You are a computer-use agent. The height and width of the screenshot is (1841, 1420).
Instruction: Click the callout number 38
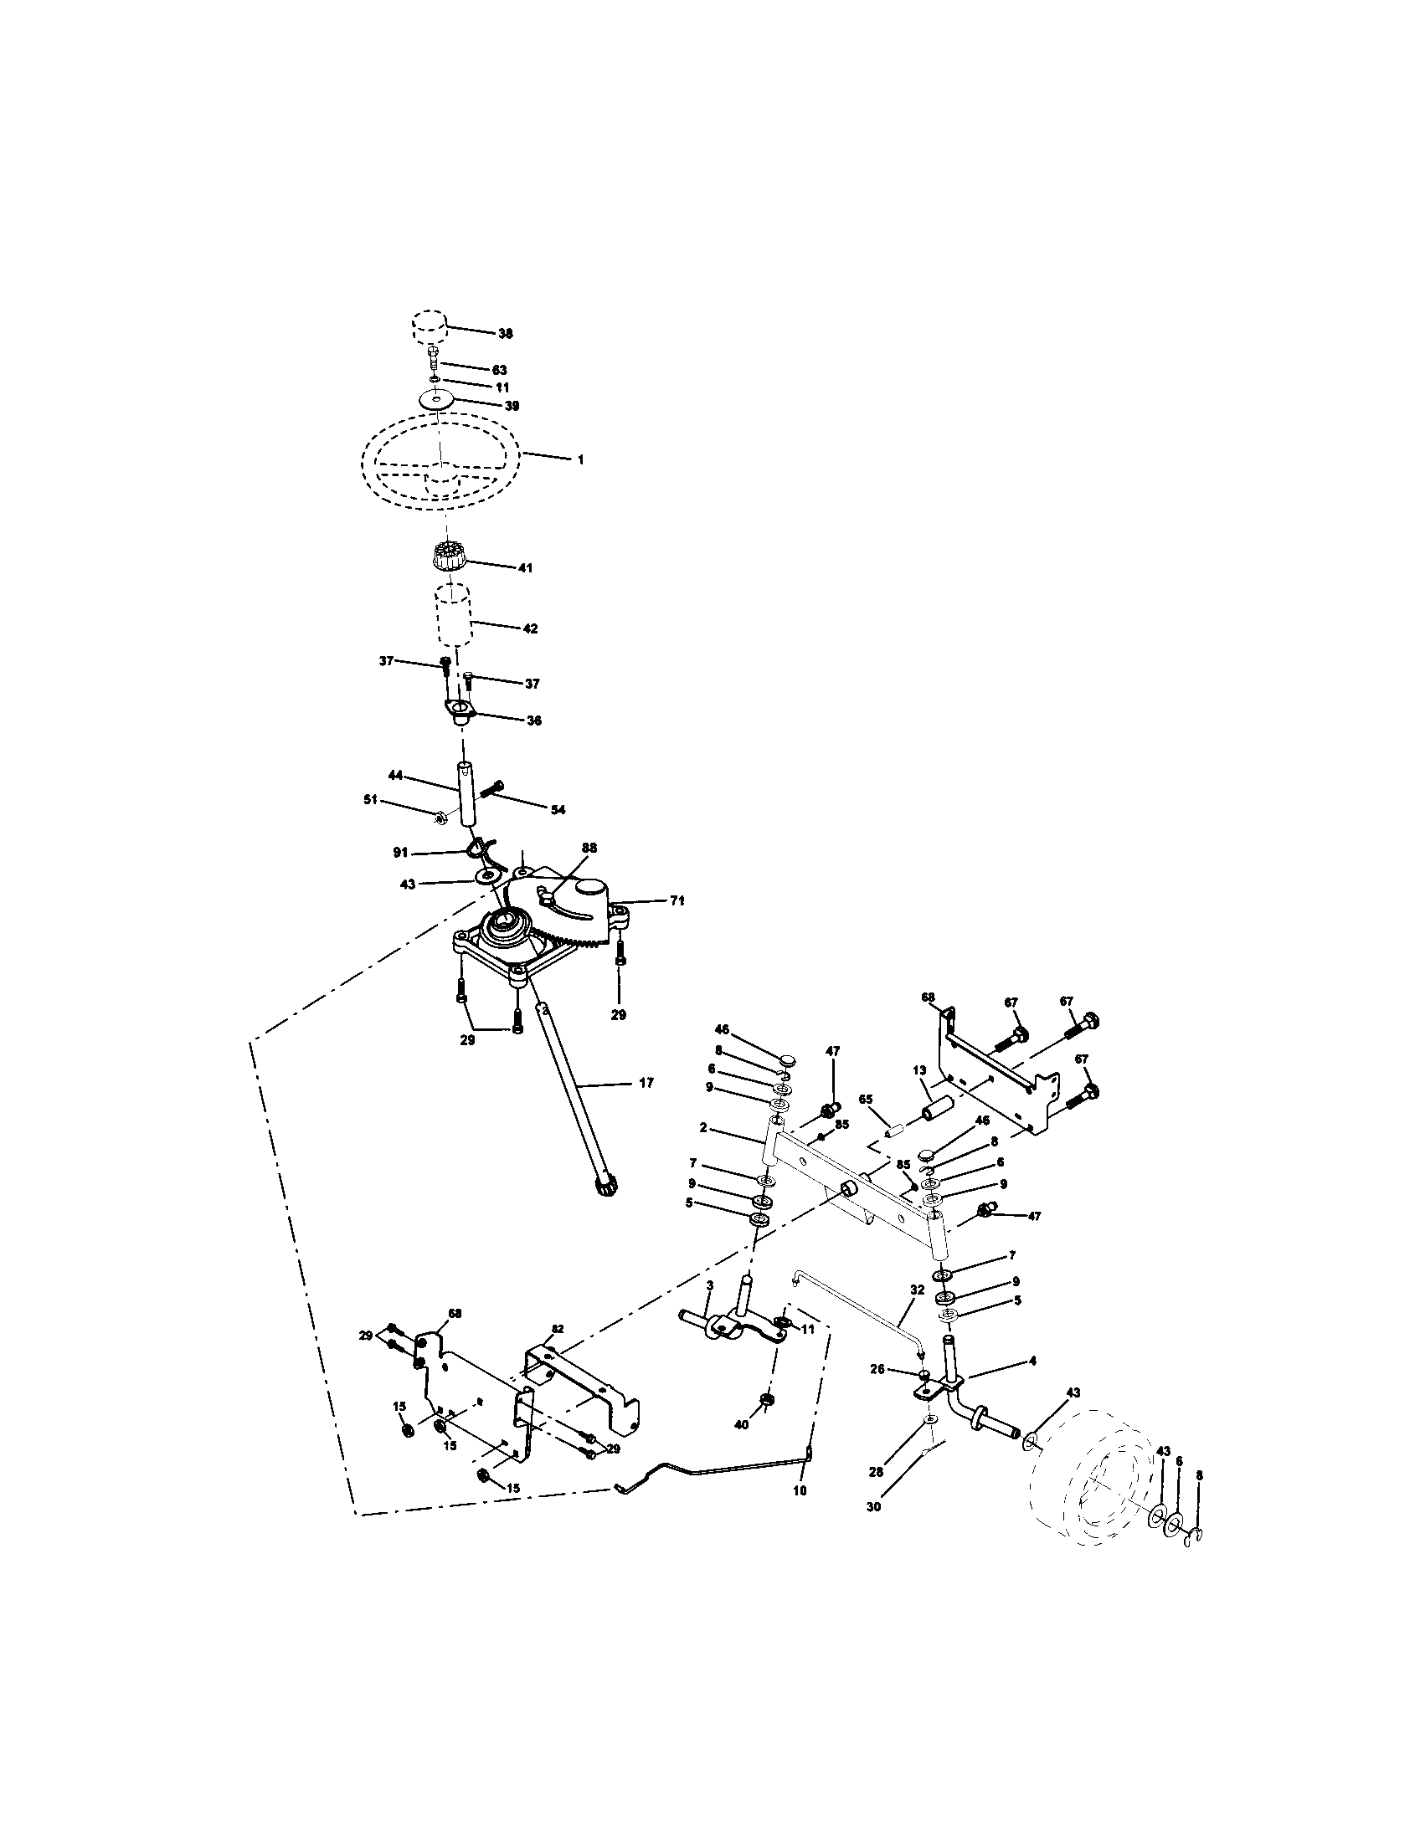[504, 333]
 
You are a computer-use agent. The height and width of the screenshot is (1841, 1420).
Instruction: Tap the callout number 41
[524, 568]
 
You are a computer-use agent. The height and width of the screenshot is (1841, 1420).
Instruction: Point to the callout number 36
[534, 721]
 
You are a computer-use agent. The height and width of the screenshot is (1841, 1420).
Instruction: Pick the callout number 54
[558, 810]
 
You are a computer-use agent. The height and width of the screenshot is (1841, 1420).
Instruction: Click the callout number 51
[370, 799]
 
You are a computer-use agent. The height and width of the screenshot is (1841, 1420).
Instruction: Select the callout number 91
[399, 853]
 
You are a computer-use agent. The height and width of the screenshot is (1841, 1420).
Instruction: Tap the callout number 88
[589, 847]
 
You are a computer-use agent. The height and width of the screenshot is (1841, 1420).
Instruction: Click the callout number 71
[677, 901]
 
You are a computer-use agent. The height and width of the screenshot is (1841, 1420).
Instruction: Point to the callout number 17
[646, 1083]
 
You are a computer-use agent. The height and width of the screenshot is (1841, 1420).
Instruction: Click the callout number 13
[920, 1069]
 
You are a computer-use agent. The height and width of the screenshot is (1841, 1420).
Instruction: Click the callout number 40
[740, 1424]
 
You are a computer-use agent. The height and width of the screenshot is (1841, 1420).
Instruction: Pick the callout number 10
[800, 1490]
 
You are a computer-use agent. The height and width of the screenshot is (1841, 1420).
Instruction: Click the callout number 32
[918, 1313]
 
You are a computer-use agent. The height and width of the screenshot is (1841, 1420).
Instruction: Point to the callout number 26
[877, 1370]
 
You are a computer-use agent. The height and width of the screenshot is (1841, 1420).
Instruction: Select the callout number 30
[873, 1506]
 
